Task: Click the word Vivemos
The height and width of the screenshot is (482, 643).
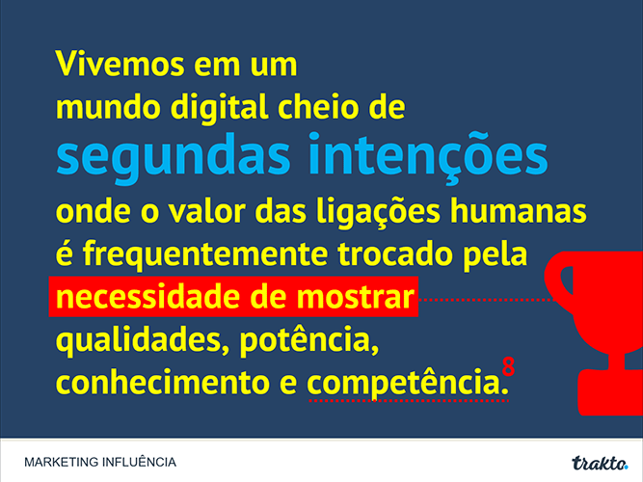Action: pos(120,64)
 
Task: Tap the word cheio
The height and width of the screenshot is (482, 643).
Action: pos(319,106)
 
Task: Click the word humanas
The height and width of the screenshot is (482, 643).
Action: pos(519,211)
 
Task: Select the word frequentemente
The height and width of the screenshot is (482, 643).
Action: pos(205,255)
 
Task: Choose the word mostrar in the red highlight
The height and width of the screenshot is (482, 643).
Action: pos(355,297)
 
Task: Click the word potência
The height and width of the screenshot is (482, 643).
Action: pos(309,341)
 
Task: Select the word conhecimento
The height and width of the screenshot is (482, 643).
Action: pos(163,382)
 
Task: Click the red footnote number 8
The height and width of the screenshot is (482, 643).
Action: pos(508,366)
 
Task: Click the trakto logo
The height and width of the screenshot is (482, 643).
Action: pos(600,463)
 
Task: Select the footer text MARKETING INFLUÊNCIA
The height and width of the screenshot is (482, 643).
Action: pos(100,462)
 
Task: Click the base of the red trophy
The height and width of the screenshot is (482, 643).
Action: pos(610,392)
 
